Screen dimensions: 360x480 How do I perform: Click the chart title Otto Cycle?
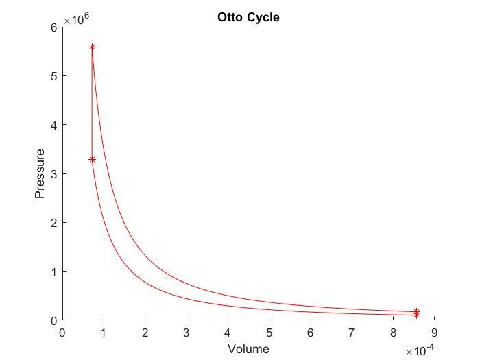(x=248, y=17)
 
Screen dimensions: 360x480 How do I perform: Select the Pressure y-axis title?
(x=40, y=173)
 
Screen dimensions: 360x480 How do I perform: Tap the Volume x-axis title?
(x=248, y=349)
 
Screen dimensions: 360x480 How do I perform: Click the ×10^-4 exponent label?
(x=420, y=350)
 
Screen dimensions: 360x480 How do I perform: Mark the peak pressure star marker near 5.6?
(x=92, y=47)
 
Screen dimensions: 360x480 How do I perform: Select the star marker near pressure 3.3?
(x=92, y=159)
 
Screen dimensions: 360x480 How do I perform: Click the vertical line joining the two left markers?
(x=92, y=103)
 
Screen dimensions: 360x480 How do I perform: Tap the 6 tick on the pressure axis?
(x=54, y=27)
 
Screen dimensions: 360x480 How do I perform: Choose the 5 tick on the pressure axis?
(x=54, y=75)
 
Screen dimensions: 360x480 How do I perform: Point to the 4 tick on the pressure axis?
(x=54, y=125)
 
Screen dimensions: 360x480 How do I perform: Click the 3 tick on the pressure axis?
(x=54, y=173)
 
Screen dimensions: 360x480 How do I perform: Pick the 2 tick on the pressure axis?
(x=54, y=223)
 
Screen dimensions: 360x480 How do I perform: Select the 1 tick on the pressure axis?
(x=54, y=272)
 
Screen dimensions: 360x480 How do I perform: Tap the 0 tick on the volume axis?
(x=62, y=333)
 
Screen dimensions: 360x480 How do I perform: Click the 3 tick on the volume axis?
(x=187, y=333)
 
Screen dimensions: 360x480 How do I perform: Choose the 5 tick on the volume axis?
(x=269, y=333)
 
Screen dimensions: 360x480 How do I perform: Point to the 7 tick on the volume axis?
(x=352, y=333)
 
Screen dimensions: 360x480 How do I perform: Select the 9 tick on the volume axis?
(x=435, y=333)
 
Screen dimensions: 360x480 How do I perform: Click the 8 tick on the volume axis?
(x=394, y=333)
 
